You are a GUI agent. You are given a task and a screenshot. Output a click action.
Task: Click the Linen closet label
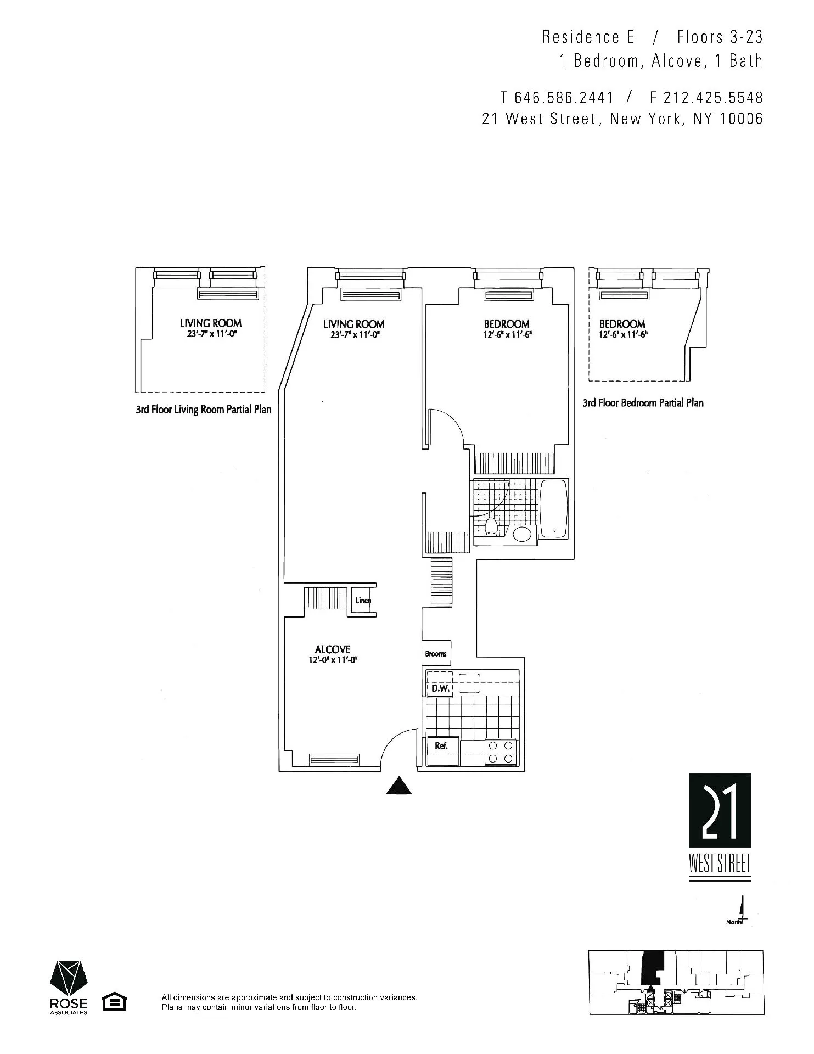point(363,601)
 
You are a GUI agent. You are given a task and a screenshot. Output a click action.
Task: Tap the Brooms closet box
point(436,653)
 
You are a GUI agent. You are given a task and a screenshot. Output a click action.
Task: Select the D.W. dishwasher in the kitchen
point(440,687)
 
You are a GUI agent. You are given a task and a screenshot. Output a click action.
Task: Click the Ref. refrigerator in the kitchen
point(442,746)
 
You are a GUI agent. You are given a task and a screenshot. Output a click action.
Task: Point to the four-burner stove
point(501,753)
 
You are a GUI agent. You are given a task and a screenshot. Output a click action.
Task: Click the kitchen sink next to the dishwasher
point(469,683)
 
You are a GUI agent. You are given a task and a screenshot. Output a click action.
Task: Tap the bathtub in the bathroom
point(554,509)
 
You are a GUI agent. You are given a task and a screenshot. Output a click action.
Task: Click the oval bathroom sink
point(521,534)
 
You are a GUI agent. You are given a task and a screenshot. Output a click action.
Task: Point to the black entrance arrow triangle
point(399,787)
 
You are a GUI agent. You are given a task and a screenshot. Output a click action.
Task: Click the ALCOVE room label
point(333,649)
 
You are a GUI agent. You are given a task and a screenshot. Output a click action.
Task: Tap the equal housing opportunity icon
point(115,1002)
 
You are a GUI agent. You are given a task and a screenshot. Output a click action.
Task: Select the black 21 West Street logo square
point(720,811)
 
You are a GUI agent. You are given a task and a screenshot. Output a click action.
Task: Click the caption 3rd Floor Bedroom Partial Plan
point(643,403)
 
